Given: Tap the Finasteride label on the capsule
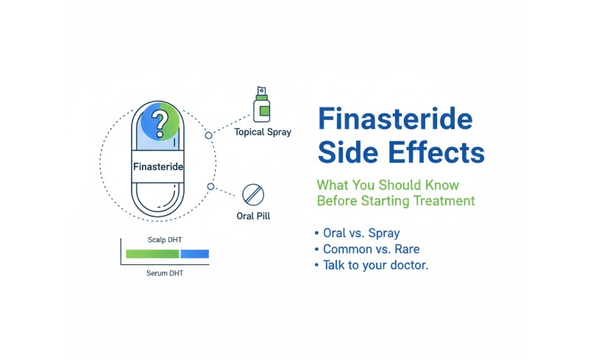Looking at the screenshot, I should pos(158,167).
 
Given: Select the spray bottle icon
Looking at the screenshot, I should pos(261,104).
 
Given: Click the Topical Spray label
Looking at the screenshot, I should pos(263,133).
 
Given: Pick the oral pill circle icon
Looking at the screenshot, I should pos(252,194).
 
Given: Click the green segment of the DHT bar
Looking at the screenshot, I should pos(152,253).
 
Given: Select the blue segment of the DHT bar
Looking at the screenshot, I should pos(195,253).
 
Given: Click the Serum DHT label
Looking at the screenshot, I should pos(167,273).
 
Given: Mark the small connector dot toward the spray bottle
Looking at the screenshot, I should pos(209,135).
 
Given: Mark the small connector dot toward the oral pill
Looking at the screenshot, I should pos(211,187).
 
